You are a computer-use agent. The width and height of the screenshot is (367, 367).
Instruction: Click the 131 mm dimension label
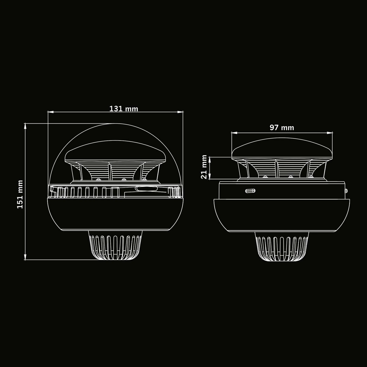[123, 109]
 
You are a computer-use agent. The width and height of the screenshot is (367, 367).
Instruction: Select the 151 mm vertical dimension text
[20, 194]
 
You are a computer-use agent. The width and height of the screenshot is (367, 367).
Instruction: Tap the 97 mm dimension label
[282, 128]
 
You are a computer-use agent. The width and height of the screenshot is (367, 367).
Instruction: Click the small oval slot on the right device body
[250, 191]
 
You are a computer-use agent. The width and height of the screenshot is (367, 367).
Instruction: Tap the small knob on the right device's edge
[346, 190]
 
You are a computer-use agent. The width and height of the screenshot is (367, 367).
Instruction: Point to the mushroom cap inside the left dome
[115, 151]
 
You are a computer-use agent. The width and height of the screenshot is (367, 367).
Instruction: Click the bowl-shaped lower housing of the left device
[115, 213]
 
